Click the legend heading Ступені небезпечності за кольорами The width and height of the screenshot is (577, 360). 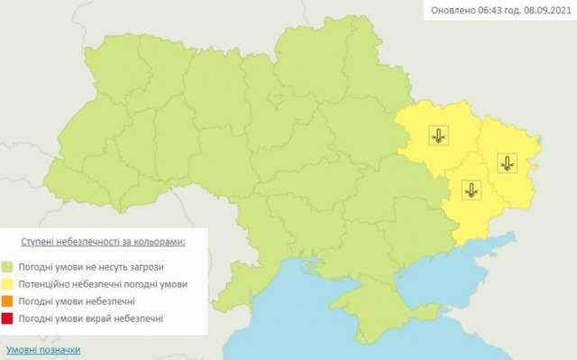coord(104,243)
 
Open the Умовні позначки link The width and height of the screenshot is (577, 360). coord(43,349)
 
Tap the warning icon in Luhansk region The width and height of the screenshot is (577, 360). coord(507,163)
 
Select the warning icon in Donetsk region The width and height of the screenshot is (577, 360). coord(471,189)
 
